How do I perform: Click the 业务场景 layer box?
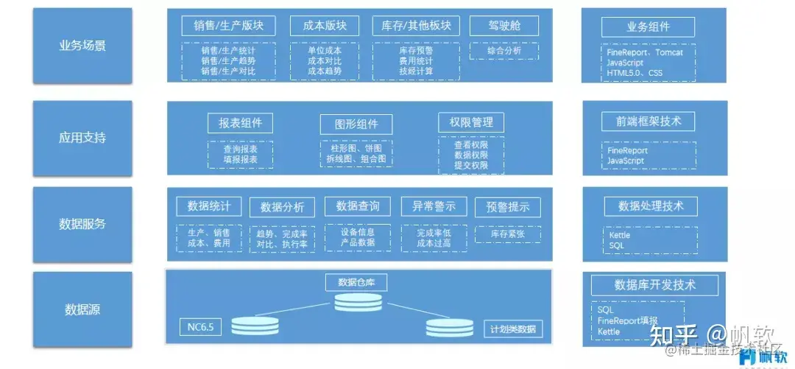pos(82,46)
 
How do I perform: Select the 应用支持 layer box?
pos(82,138)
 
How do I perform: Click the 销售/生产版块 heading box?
pos(228,26)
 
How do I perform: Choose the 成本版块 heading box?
pos(324,26)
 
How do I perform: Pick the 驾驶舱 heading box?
pos(504,26)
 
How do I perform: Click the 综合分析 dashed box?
pos(504,51)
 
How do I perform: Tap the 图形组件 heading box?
pos(356,124)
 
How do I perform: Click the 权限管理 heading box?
pos(471,122)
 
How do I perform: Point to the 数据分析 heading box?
pos(282,207)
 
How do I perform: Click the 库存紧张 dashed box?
pos(508,234)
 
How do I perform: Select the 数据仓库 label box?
pos(356,282)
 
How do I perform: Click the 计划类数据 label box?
pos(513,328)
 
